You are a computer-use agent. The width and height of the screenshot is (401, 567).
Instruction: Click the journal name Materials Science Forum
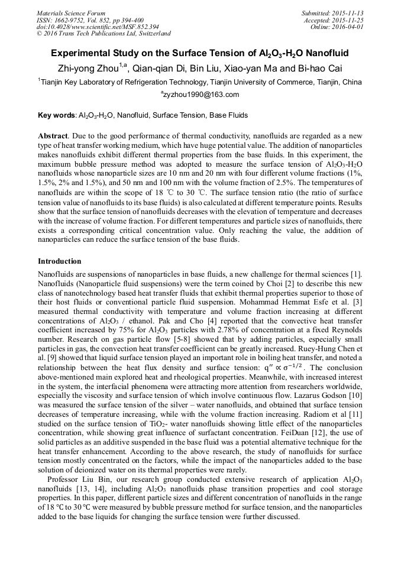tap(71, 13)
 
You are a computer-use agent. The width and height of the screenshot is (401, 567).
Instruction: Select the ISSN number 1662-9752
tap(70, 20)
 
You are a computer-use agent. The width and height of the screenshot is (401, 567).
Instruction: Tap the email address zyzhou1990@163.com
tap(200, 95)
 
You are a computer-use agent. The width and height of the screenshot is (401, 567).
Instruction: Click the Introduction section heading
tap(60, 261)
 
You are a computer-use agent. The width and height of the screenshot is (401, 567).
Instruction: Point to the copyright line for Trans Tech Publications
tap(104, 34)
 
